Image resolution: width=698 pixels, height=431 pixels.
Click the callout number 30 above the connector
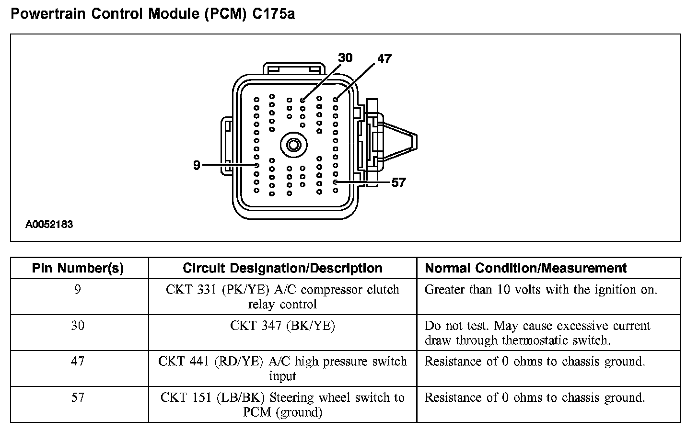[345, 58]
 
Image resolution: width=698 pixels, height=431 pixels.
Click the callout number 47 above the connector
[384, 59]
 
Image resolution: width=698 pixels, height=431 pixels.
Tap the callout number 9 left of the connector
[197, 165]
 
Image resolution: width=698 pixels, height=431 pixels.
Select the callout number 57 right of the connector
[398, 182]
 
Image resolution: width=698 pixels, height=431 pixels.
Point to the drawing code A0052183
[49, 224]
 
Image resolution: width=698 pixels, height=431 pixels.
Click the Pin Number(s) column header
[78, 268]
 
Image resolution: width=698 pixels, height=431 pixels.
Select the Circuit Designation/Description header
[282, 268]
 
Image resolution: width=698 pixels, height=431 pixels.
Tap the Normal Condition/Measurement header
[526, 268]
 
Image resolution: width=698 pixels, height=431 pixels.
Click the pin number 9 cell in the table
[78, 290]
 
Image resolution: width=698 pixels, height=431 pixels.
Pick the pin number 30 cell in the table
[78, 326]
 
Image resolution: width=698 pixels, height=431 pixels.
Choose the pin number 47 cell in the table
[78, 362]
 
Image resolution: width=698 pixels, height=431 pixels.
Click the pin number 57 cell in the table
[78, 397]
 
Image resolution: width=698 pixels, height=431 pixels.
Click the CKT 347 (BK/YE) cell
[282, 326]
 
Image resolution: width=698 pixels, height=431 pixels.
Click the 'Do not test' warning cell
[537, 333]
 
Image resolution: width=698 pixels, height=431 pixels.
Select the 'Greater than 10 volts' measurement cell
[541, 290]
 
